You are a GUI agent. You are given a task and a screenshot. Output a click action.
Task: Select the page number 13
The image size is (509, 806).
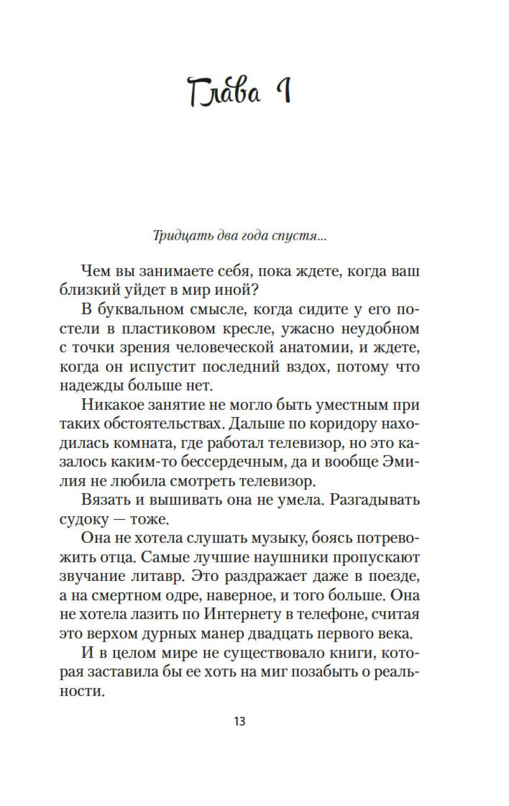click(239, 721)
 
